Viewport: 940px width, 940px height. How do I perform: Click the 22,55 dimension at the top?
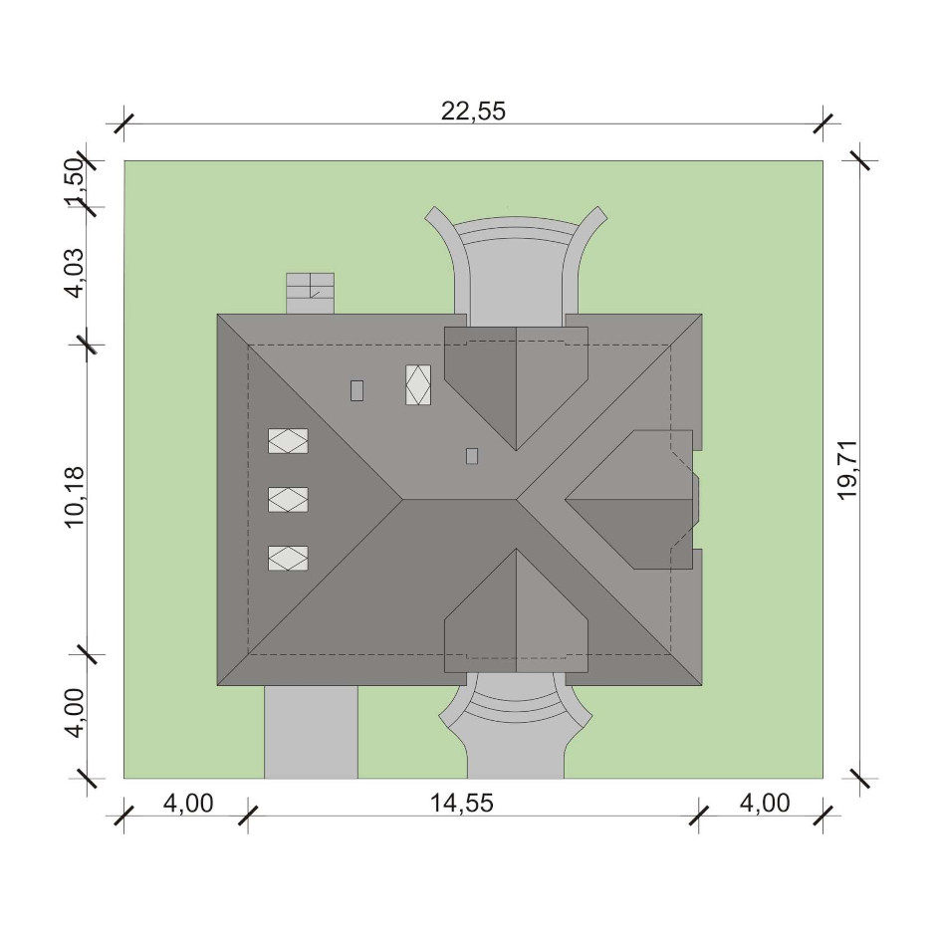coord(473,111)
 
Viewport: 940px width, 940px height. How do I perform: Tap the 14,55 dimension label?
coord(462,803)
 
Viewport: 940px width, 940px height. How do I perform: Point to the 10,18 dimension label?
coord(75,497)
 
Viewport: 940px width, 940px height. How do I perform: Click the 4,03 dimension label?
coord(75,272)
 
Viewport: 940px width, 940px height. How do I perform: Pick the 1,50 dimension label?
coord(75,183)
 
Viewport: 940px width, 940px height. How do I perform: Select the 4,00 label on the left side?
coord(75,712)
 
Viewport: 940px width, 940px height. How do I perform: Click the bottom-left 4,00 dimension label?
coord(187,803)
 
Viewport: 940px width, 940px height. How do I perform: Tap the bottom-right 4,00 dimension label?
coord(765,803)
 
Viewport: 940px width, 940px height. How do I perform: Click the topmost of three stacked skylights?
coord(288,440)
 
